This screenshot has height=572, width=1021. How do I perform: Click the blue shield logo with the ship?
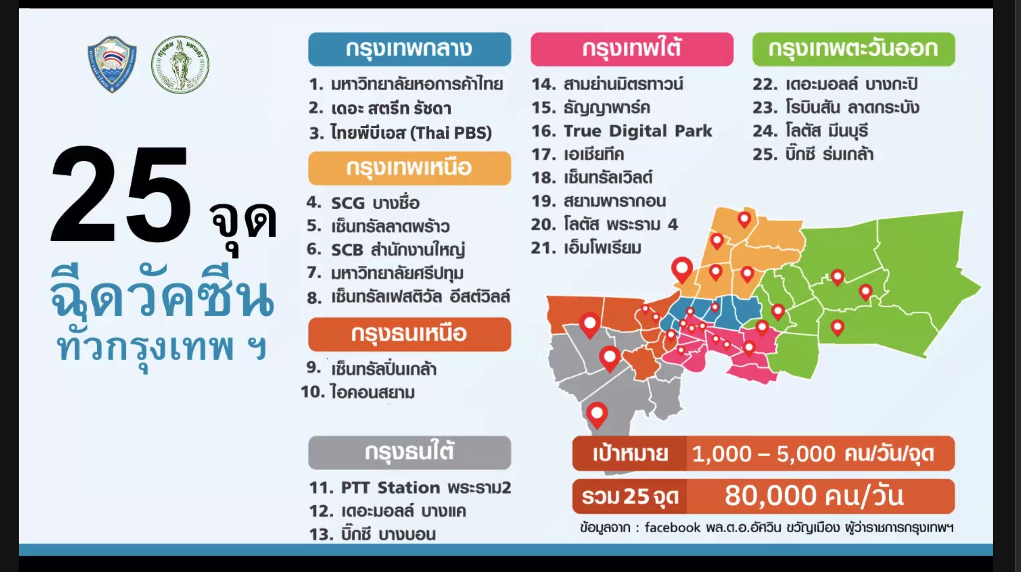(112, 64)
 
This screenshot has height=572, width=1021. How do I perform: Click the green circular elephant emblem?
(180, 64)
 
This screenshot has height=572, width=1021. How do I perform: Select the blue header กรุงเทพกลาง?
(409, 49)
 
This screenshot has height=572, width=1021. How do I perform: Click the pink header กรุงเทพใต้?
(632, 49)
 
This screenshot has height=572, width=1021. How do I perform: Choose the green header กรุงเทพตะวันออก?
(854, 49)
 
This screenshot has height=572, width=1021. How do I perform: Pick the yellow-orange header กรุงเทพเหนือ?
(409, 168)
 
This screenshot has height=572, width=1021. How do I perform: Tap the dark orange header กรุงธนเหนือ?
(409, 334)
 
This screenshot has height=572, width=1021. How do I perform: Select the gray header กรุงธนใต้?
(409, 453)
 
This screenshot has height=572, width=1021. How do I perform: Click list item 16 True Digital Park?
(622, 131)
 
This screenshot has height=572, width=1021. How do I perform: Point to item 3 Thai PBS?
(400, 132)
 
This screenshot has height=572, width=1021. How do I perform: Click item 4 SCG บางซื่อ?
(363, 203)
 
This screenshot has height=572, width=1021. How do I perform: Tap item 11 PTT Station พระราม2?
(410, 487)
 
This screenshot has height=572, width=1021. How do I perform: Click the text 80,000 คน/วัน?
(814, 496)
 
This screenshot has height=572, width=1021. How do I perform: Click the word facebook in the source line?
(672, 527)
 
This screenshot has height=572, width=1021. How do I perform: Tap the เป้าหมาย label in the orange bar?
(630, 453)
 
